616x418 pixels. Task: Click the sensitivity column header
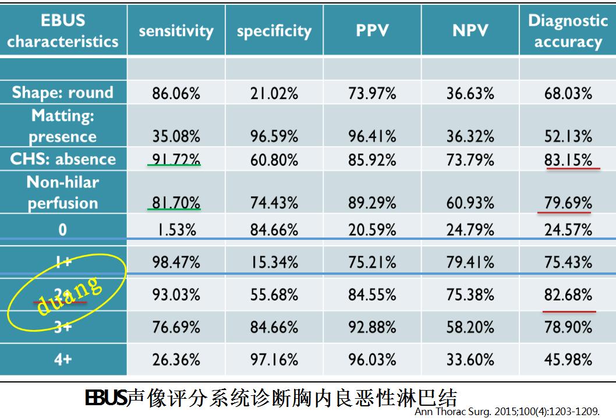click(176, 31)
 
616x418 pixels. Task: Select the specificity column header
click(274, 31)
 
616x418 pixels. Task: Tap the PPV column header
click(372, 31)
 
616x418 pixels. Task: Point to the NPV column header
click(470, 31)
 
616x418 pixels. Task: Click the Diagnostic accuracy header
click(568, 31)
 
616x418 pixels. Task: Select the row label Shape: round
click(63, 93)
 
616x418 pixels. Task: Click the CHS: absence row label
click(63, 159)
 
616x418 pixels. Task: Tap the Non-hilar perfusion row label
click(63, 193)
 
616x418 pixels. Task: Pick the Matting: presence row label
click(63, 126)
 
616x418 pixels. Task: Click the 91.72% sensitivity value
click(176, 159)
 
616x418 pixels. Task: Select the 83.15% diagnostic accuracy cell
click(568, 159)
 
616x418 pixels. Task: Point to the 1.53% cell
click(176, 229)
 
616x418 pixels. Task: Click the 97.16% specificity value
click(274, 360)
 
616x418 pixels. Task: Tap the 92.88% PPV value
click(372, 327)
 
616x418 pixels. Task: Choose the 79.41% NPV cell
click(470, 262)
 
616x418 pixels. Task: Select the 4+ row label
click(63, 360)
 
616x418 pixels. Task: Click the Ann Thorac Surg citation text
click(507, 411)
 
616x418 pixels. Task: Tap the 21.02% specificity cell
click(274, 93)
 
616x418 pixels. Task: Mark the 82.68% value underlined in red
click(568, 295)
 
